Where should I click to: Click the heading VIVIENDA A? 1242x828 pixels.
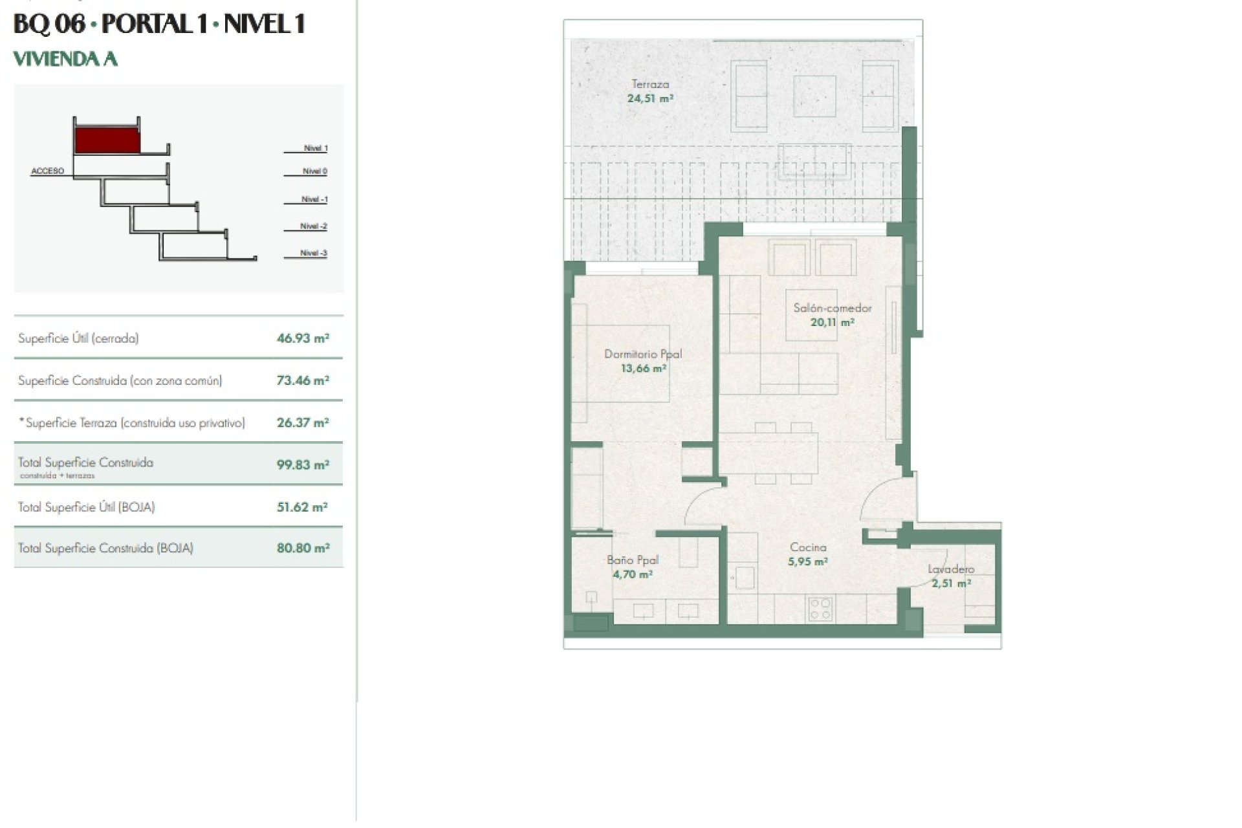pos(65,59)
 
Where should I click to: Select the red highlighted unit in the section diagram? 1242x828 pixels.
pos(107,140)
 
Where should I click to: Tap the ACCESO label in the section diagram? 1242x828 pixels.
pos(48,171)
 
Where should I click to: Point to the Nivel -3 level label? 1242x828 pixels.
pos(314,253)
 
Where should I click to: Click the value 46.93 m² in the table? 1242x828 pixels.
pos(303,338)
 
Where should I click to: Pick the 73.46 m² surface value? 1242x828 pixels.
pos(303,380)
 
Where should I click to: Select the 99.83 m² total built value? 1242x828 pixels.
pos(303,464)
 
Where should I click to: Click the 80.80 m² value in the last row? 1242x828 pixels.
pos(303,548)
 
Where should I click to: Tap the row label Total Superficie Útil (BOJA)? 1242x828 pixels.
pos(87,507)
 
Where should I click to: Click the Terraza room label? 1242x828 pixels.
pos(650,84)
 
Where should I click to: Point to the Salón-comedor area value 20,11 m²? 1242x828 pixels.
pos(833,322)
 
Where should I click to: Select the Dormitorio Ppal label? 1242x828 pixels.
pos(643,354)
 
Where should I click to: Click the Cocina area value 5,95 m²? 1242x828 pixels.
pos(808,561)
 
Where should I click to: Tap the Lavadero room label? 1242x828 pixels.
pos(951,569)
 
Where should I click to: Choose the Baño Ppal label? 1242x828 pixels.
pos(633,560)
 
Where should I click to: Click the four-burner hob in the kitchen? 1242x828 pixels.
pos(820,609)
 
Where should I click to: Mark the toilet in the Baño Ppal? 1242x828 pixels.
pos(591,599)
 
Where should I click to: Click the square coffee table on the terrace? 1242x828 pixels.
pos(814,96)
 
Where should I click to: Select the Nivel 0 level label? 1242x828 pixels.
pos(315,171)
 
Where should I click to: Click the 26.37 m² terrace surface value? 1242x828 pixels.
pos(303,422)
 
